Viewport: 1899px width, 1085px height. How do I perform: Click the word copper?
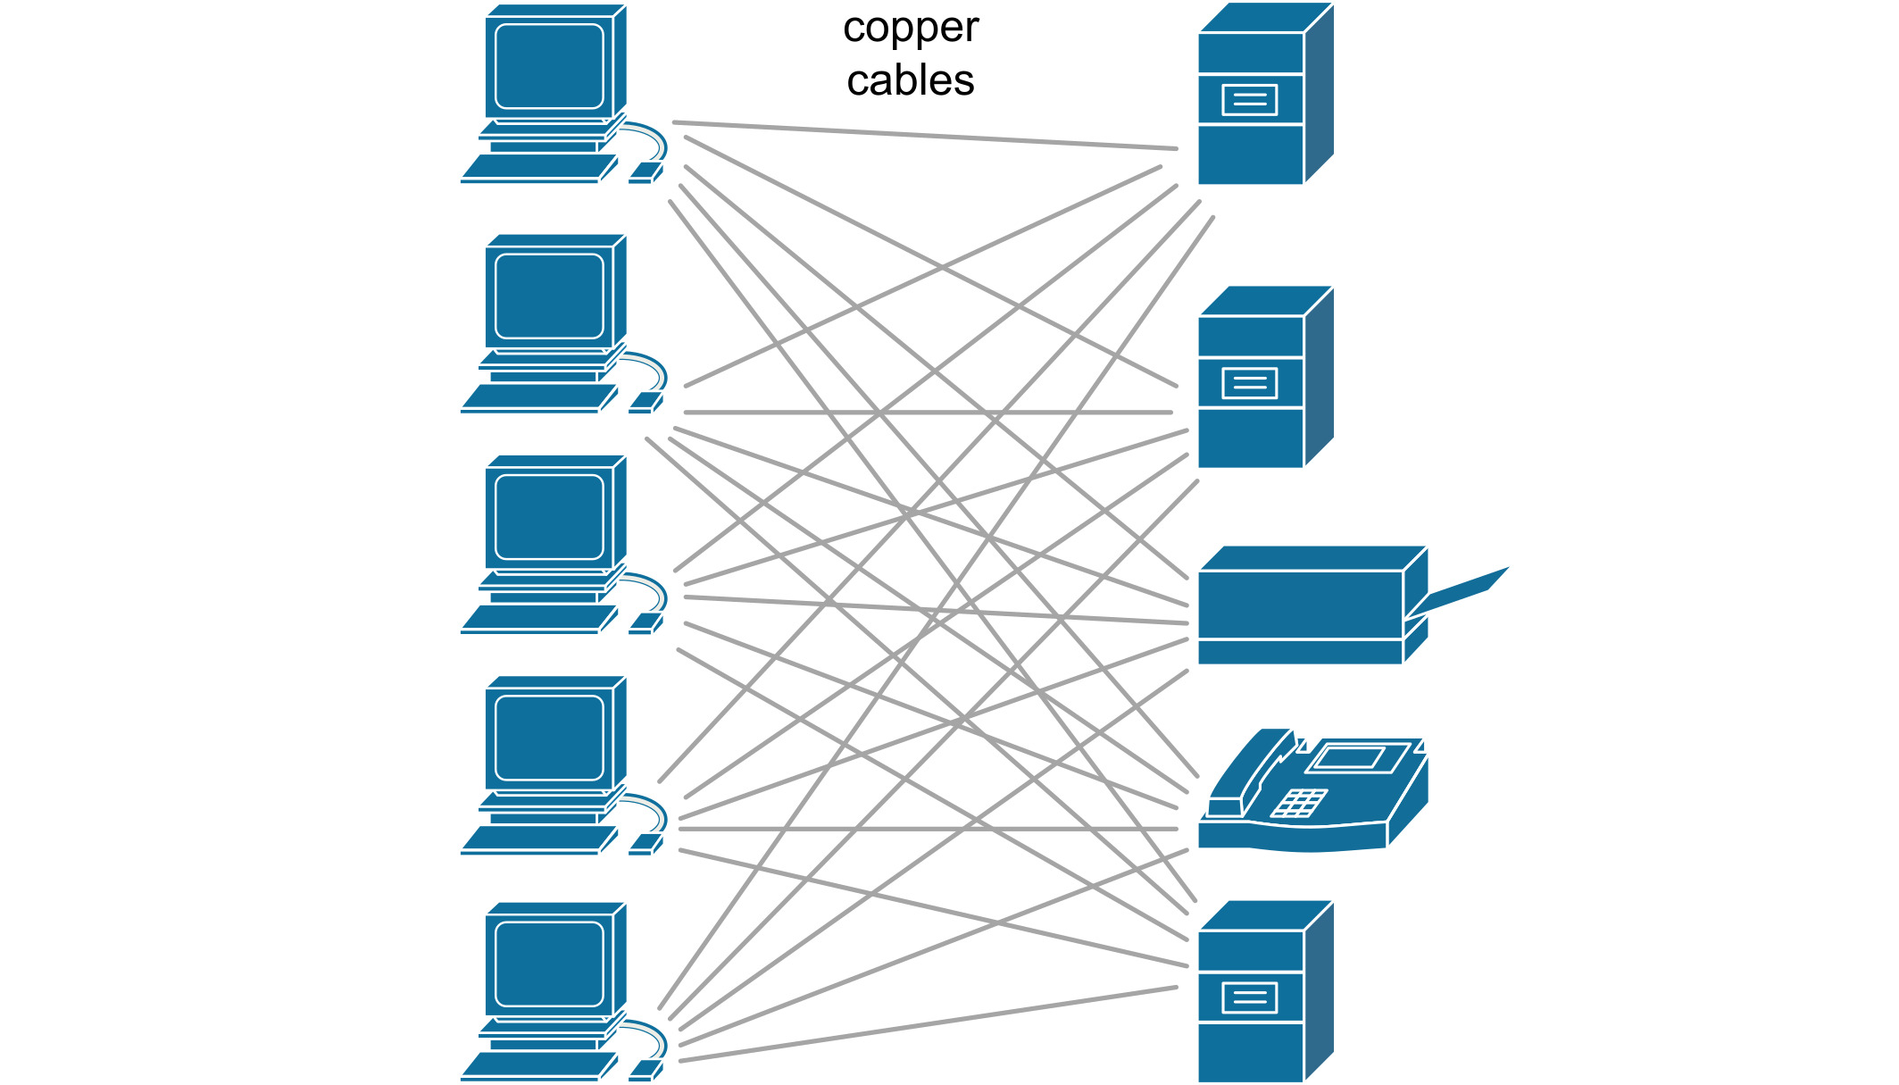tap(910, 29)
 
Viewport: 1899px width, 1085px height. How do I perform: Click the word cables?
tap(910, 80)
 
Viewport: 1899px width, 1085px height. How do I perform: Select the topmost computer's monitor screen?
tap(549, 66)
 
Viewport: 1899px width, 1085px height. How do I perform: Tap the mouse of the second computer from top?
tap(645, 403)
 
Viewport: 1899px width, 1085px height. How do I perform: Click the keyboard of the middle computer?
tap(538, 618)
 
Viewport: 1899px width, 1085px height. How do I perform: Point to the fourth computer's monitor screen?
tap(549, 738)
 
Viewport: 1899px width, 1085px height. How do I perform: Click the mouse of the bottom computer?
tap(645, 1069)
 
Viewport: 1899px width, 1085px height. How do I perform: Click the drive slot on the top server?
tap(1249, 100)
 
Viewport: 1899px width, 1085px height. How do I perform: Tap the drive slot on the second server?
tap(1249, 384)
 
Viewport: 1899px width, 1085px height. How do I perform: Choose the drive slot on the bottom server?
tap(1249, 997)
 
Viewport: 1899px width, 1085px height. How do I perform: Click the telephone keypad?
tap(1299, 802)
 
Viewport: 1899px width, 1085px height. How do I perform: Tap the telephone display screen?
tap(1349, 758)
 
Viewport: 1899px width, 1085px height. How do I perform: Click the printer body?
tap(1300, 605)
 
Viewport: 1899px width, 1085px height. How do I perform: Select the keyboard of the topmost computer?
tap(538, 167)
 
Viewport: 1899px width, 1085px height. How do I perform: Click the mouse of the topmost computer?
tap(645, 172)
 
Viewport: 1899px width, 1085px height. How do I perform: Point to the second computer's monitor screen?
tap(549, 296)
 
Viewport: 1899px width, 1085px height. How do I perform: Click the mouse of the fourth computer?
tap(645, 844)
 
